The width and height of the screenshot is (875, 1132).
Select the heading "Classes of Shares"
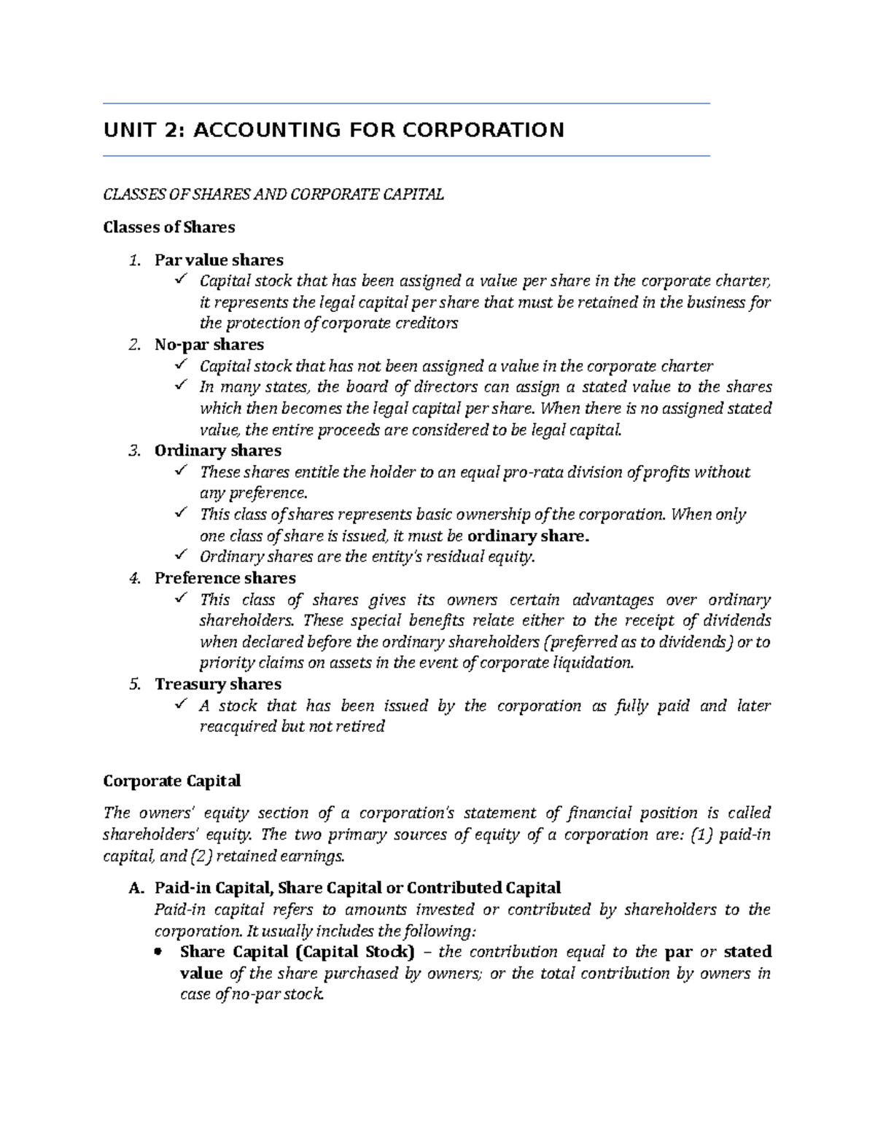[169, 227]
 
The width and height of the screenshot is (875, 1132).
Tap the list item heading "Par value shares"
[219, 260]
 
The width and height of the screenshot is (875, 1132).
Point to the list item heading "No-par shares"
[209, 345]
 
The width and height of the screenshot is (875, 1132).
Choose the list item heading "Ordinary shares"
[217, 450]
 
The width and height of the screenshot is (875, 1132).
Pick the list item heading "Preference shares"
[225, 578]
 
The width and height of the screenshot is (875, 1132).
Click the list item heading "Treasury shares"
[217, 684]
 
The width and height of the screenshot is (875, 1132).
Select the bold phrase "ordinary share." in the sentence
[527, 536]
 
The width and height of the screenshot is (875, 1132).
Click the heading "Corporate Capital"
[172, 781]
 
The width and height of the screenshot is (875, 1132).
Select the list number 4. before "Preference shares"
[133, 578]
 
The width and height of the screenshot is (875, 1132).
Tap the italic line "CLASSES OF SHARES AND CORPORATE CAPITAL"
[273, 195]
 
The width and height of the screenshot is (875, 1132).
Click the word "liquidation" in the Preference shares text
[593, 663]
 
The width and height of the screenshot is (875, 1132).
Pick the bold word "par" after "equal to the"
[678, 952]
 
